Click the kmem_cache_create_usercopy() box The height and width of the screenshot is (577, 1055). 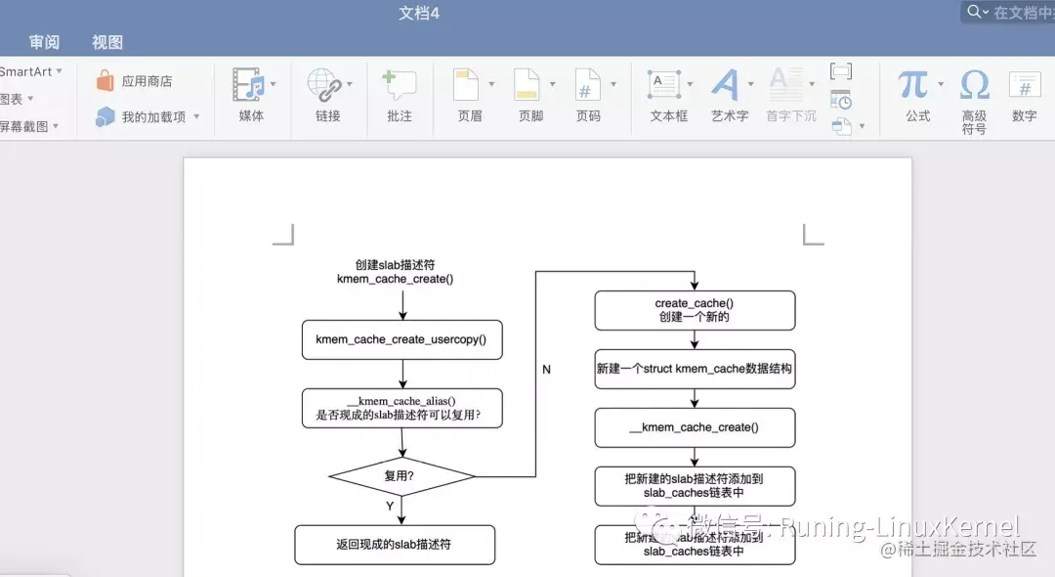(401, 340)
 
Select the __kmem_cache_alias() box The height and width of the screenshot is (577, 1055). (401, 408)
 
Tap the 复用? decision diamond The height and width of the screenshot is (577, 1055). (401, 476)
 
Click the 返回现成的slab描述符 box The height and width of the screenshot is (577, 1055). (395, 545)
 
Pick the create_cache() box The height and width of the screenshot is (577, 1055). (695, 311)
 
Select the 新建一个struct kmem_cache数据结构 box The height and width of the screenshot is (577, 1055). (695, 370)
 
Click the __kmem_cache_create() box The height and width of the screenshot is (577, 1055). (695, 427)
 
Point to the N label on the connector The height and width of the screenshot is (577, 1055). (546, 370)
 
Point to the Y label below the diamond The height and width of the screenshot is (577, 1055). (390, 507)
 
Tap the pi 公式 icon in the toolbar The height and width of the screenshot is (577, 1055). (913, 84)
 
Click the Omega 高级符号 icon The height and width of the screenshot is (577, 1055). (974, 84)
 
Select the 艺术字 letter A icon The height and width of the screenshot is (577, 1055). (725, 84)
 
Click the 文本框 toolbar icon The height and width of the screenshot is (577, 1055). (665, 84)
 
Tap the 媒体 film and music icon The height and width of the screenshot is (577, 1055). (249, 84)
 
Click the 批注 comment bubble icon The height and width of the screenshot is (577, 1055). (400, 84)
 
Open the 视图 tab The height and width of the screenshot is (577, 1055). (107, 42)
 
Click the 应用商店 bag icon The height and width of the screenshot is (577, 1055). (105, 81)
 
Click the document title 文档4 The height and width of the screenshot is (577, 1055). (419, 13)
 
